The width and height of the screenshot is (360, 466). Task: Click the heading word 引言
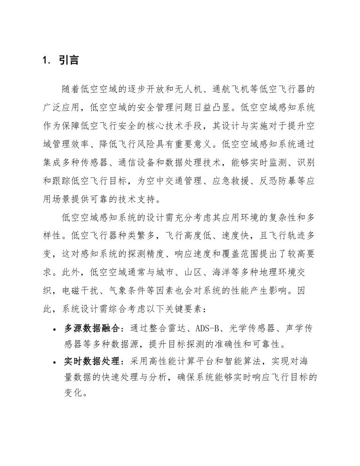point(69,61)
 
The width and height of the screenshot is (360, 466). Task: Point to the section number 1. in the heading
point(47,61)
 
